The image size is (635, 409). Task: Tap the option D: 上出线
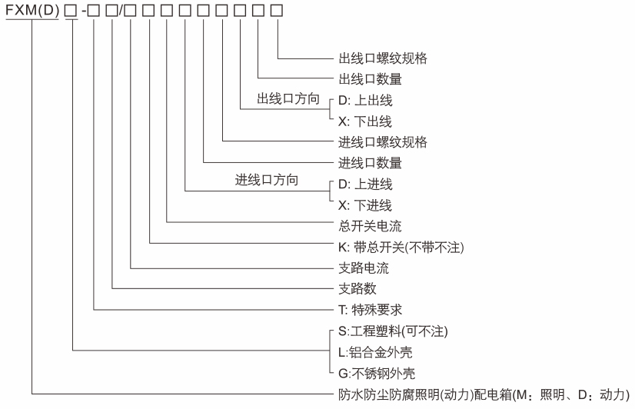tap(365, 100)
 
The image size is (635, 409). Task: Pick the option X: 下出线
tap(365, 121)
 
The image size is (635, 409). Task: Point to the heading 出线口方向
tap(288, 99)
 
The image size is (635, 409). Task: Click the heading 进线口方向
tap(266, 183)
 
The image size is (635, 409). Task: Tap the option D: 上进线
tap(365, 184)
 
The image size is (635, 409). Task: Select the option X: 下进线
tap(365, 204)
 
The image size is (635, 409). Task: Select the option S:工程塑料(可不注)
tap(392, 331)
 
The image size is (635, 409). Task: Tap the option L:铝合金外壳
tap(380, 352)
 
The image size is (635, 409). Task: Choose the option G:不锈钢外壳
tap(380, 373)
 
